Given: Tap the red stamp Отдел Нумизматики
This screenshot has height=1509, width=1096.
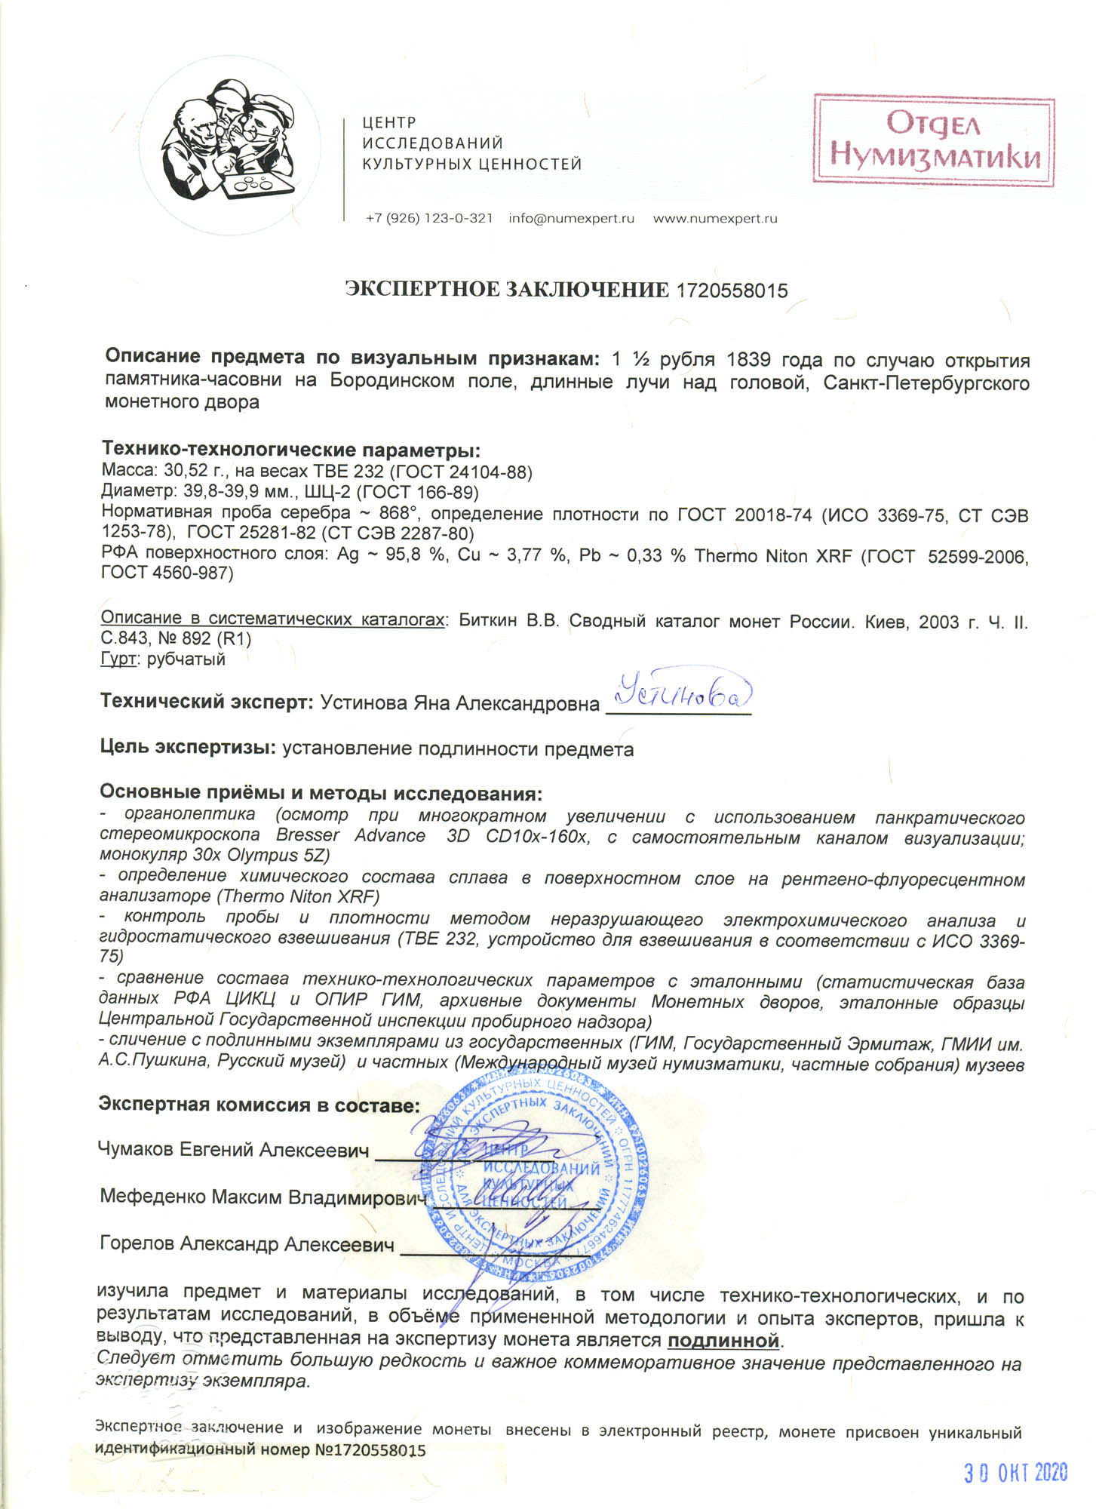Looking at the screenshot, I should (x=933, y=140).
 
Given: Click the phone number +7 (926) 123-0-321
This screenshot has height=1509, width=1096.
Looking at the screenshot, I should (x=428, y=219).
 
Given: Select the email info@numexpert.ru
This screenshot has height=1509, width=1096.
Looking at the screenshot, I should (x=571, y=219).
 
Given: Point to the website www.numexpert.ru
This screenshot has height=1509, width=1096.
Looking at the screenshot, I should (x=714, y=219).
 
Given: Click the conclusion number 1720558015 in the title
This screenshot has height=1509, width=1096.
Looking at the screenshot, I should (x=732, y=290).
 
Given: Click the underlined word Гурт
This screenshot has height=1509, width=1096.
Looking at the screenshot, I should (x=118, y=659).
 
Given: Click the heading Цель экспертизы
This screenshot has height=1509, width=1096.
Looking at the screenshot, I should (x=187, y=748).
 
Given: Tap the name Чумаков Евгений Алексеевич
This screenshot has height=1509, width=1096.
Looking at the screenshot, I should (x=233, y=1150).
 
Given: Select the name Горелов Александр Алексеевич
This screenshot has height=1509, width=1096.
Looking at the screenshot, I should (x=247, y=1244).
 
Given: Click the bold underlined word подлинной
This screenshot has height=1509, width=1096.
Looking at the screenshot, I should (x=723, y=1341).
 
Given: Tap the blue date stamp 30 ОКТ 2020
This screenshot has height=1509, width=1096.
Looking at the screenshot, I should (x=1015, y=1473).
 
